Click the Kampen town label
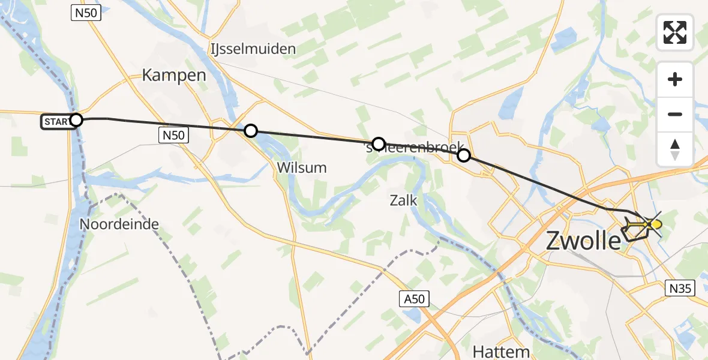(x=174, y=76)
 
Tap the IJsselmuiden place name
(x=253, y=48)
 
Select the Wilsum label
(x=302, y=168)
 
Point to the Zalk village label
(x=403, y=200)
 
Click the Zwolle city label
(x=583, y=241)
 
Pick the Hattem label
(x=500, y=351)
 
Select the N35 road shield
(x=681, y=289)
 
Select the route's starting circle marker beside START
(x=76, y=120)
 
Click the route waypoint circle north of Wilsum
(x=251, y=130)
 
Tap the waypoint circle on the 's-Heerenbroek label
(x=378, y=143)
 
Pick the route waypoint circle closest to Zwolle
(x=464, y=156)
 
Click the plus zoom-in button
(x=675, y=79)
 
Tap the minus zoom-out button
(x=675, y=114)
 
